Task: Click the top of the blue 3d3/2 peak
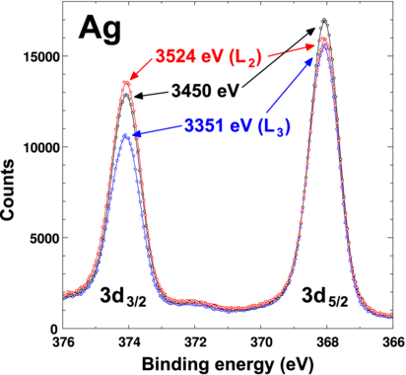tap(126, 135)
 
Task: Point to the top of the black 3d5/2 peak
tap(324, 20)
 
